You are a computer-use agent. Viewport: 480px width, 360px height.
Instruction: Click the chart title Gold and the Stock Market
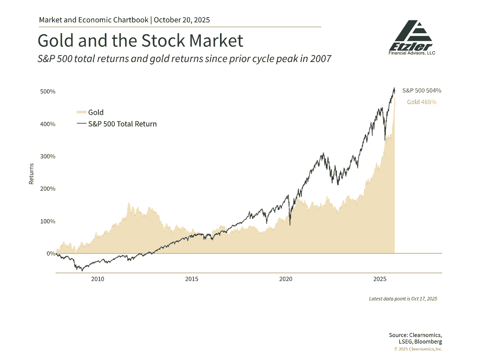pyautogui.click(x=140, y=41)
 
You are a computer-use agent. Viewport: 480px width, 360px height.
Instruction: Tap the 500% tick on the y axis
pyautogui.click(x=48, y=92)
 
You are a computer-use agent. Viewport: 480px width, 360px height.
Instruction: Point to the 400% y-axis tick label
pyautogui.click(x=48, y=124)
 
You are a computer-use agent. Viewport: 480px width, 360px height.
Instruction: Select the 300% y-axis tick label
pyautogui.click(x=48, y=156)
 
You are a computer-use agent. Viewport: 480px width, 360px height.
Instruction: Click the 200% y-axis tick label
pyautogui.click(x=48, y=189)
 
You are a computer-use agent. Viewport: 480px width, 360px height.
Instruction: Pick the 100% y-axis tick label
pyautogui.click(x=48, y=221)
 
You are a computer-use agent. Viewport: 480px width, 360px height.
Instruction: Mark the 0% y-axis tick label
pyautogui.click(x=50, y=254)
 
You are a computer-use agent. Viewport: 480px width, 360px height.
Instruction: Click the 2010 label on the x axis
pyautogui.click(x=98, y=279)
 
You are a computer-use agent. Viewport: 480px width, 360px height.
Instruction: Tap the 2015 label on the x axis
pyautogui.click(x=192, y=279)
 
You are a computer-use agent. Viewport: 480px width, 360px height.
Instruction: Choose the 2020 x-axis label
pyautogui.click(x=286, y=279)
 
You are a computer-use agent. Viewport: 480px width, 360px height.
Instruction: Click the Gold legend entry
pyautogui.click(x=96, y=112)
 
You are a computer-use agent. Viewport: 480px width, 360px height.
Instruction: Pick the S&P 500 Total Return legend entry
pyautogui.click(x=122, y=124)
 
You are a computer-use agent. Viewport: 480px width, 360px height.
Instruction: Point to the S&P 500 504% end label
pyautogui.click(x=422, y=91)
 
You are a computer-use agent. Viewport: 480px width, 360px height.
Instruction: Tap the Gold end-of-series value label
pyautogui.click(x=422, y=102)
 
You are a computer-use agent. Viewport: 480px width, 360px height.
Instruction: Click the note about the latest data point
pyautogui.click(x=403, y=299)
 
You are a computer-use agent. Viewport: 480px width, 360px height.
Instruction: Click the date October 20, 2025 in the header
pyautogui.click(x=182, y=20)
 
